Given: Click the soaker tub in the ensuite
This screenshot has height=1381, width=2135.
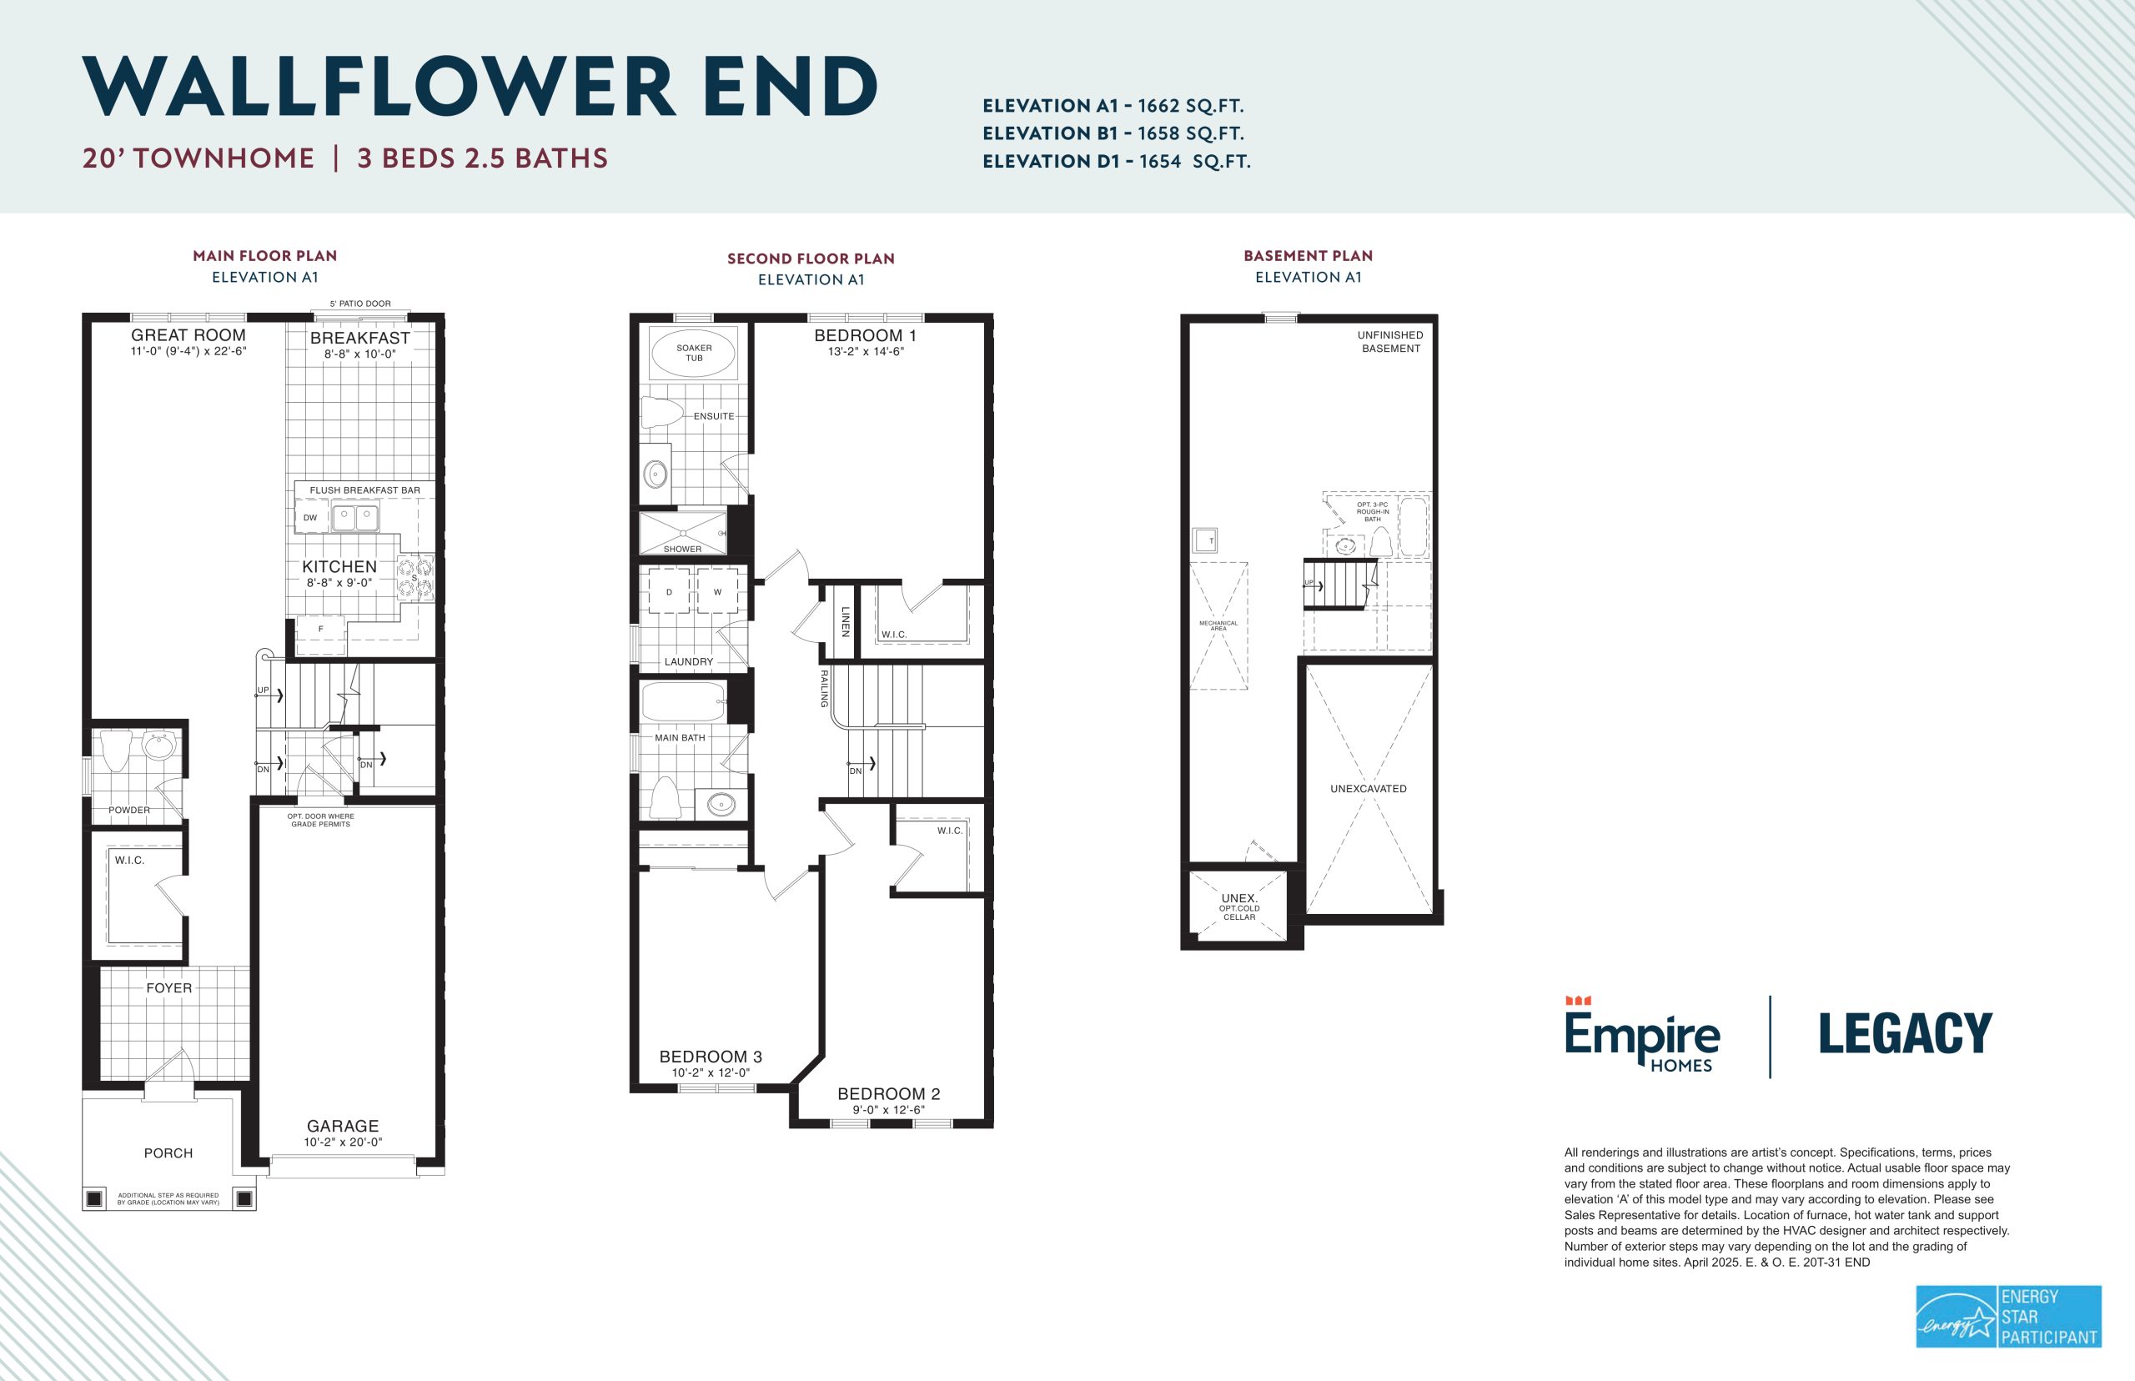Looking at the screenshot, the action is pyautogui.click(x=693, y=353).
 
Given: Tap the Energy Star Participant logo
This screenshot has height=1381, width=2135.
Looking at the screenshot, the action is pyautogui.click(x=2008, y=1317).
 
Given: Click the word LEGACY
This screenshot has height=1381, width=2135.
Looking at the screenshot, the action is pyautogui.click(x=1906, y=1034).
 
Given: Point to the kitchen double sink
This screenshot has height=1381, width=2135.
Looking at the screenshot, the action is pyautogui.click(x=355, y=517).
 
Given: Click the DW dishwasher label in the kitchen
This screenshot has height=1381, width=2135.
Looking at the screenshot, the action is pyautogui.click(x=310, y=517).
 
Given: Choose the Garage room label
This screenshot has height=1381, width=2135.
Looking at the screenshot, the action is pyautogui.click(x=343, y=1127).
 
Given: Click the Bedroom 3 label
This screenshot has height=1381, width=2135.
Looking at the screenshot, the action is pyautogui.click(x=711, y=1057).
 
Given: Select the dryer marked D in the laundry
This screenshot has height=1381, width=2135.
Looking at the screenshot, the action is pyautogui.click(x=669, y=592).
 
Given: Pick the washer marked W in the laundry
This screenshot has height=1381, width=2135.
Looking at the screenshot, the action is pyautogui.click(x=717, y=592).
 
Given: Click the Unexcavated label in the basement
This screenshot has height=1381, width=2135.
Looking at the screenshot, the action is pyautogui.click(x=1369, y=789).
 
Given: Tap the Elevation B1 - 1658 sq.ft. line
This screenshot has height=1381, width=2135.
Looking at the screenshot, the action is pyautogui.click(x=1113, y=133).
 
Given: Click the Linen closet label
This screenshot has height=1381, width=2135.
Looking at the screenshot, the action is pyautogui.click(x=845, y=621).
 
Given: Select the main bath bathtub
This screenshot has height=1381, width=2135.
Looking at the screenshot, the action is pyautogui.click(x=683, y=702).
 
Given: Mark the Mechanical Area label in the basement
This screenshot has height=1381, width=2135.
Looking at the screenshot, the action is pyautogui.click(x=1218, y=626).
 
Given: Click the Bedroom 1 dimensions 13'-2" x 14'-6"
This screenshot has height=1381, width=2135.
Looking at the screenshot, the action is pyautogui.click(x=866, y=352).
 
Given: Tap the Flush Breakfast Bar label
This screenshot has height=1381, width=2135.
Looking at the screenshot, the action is pyautogui.click(x=365, y=490).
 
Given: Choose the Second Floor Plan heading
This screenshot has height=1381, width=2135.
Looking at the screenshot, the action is pyautogui.click(x=811, y=259).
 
